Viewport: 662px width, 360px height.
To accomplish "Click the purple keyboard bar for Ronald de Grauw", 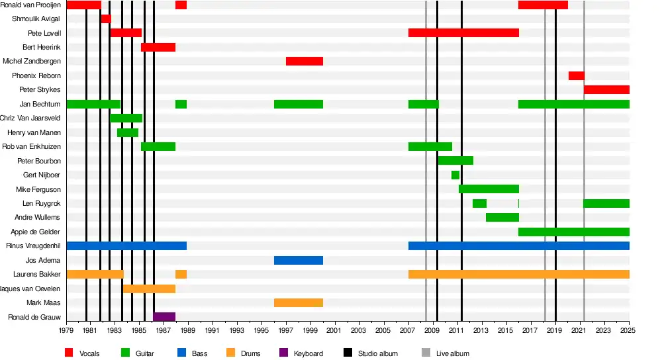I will [x=164, y=317].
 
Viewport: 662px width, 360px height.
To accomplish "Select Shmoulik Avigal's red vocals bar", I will [x=106, y=19].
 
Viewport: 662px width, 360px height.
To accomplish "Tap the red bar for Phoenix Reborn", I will [x=576, y=75].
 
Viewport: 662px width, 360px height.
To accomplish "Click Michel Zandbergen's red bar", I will [x=305, y=62].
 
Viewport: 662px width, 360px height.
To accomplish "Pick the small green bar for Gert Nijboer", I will [x=455, y=175].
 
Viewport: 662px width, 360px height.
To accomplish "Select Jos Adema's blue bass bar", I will [x=299, y=260].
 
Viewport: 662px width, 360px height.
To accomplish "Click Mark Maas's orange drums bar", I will [x=299, y=303].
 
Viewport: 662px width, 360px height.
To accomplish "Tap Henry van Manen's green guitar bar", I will [x=128, y=132].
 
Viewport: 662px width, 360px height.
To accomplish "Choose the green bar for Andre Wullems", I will [x=502, y=217].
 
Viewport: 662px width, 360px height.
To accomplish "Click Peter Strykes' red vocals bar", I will [x=606, y=90].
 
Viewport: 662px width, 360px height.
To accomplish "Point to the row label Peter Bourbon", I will [x=39, y=161].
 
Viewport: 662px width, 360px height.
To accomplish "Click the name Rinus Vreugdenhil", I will [x=33, y=246].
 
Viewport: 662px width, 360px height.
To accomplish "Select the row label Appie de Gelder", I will [x=36, y=232].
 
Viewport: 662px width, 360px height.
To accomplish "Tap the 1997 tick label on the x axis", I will [x=286, y=330].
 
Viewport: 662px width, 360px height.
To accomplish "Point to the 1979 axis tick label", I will [x=66, y=330].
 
